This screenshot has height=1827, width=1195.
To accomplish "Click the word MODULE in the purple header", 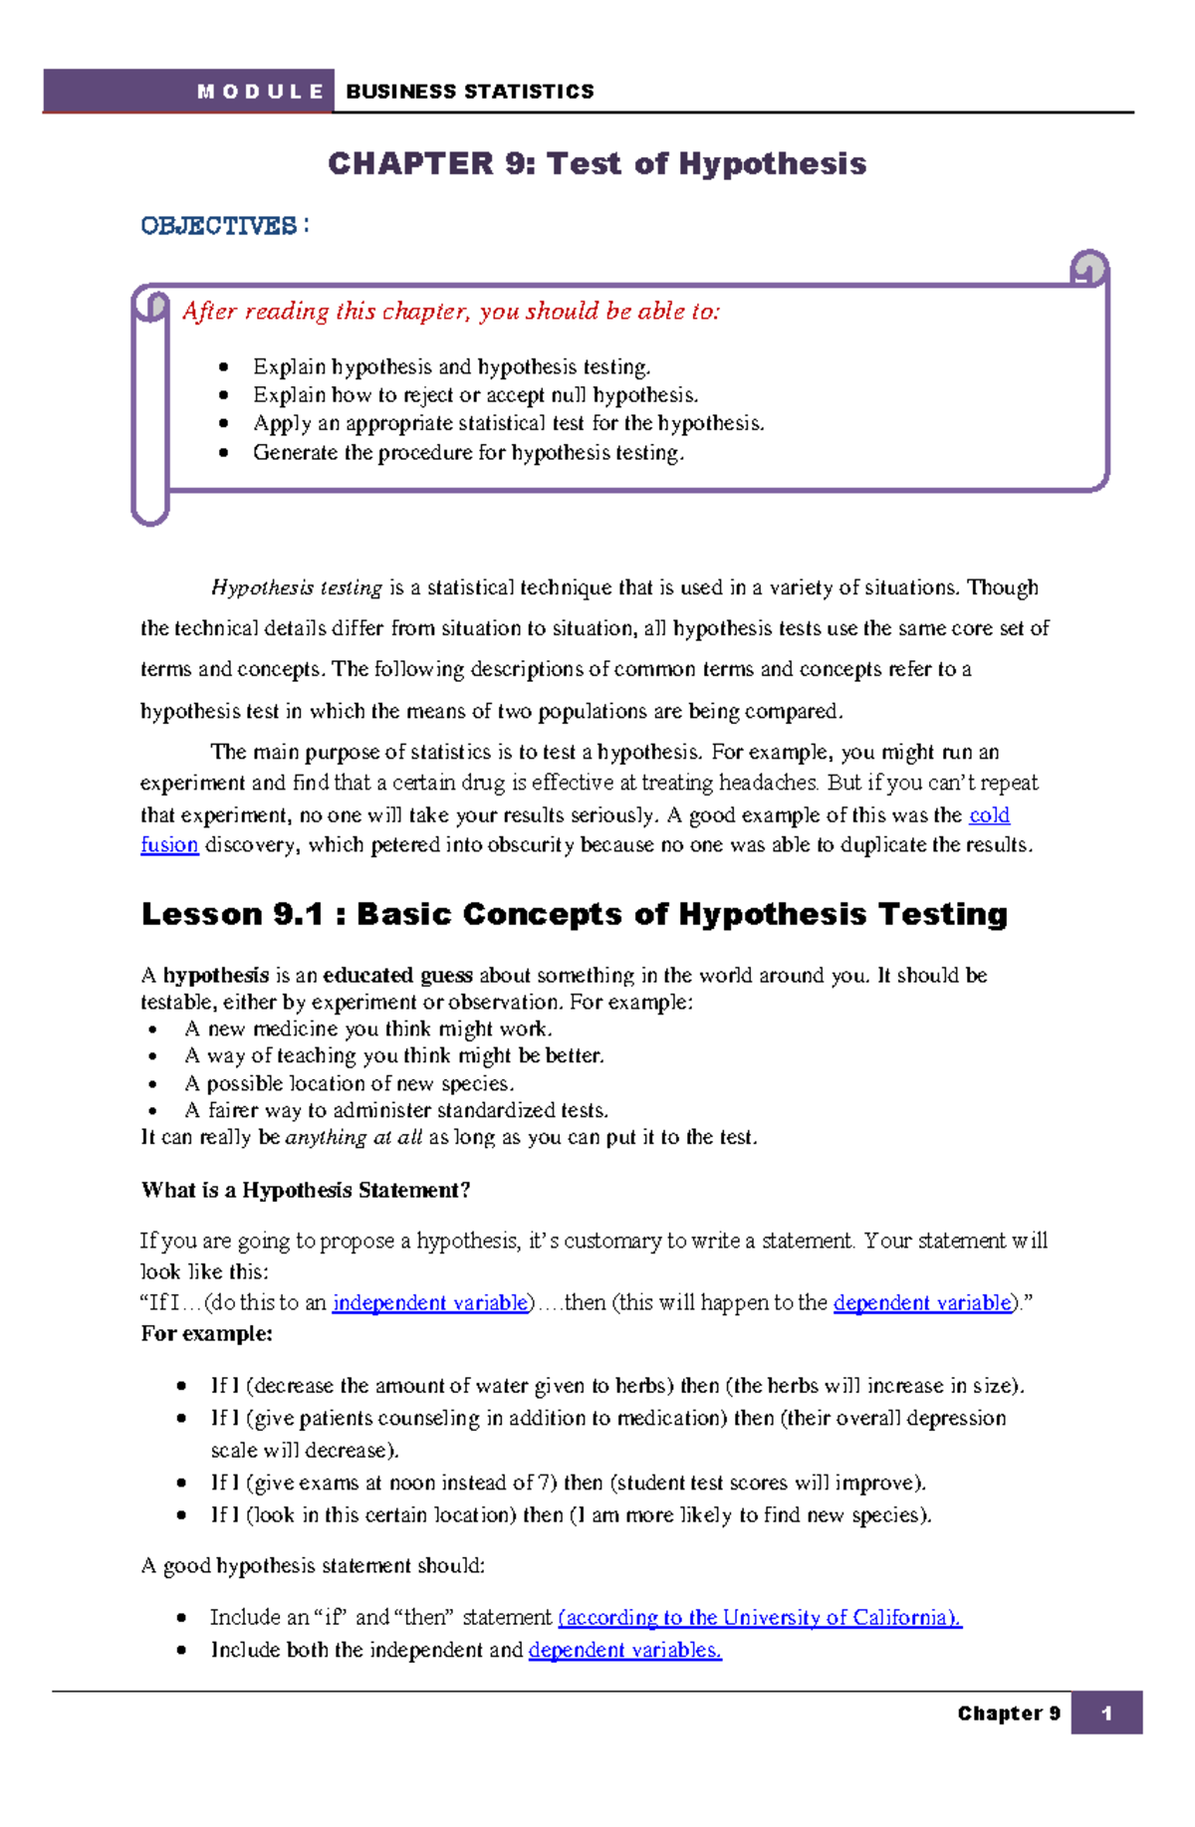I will [x=260, y=93].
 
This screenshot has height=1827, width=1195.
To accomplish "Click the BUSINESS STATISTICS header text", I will [x=469, y=93].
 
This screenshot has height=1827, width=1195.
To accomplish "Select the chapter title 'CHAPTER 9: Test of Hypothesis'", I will [x=597, y=164].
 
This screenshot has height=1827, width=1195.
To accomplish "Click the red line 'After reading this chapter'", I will [x=450, y=312].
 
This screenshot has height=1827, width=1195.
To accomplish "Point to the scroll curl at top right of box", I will [x=1088, y=268].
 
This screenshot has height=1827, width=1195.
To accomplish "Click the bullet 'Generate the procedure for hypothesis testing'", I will [x=468, y=453].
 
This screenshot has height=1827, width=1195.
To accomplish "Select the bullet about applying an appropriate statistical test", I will [x=508, y=424].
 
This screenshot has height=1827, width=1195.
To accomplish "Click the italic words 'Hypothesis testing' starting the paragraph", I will [x=297, y=588].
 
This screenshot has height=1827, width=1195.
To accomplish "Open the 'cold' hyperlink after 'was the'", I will [x=989, y=815].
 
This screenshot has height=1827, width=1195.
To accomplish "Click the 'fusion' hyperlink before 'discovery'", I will [x=169, y=845].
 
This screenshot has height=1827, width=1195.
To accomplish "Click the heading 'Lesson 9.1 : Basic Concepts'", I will [x=574, y=914].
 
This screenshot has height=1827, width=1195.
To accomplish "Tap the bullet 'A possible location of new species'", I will [x=349, y=1083].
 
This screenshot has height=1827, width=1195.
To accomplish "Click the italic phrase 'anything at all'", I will [x=354, y=1138].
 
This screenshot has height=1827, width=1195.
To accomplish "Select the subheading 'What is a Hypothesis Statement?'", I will [x=305, y=1191].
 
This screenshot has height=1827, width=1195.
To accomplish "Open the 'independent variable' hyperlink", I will [x=429, y=1303].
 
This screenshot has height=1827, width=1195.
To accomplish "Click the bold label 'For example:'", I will [x=206, y=1334].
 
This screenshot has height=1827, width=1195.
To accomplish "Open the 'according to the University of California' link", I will [x=759, y=1618].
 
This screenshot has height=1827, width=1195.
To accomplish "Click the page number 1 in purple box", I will [x=1106, y=1713].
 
